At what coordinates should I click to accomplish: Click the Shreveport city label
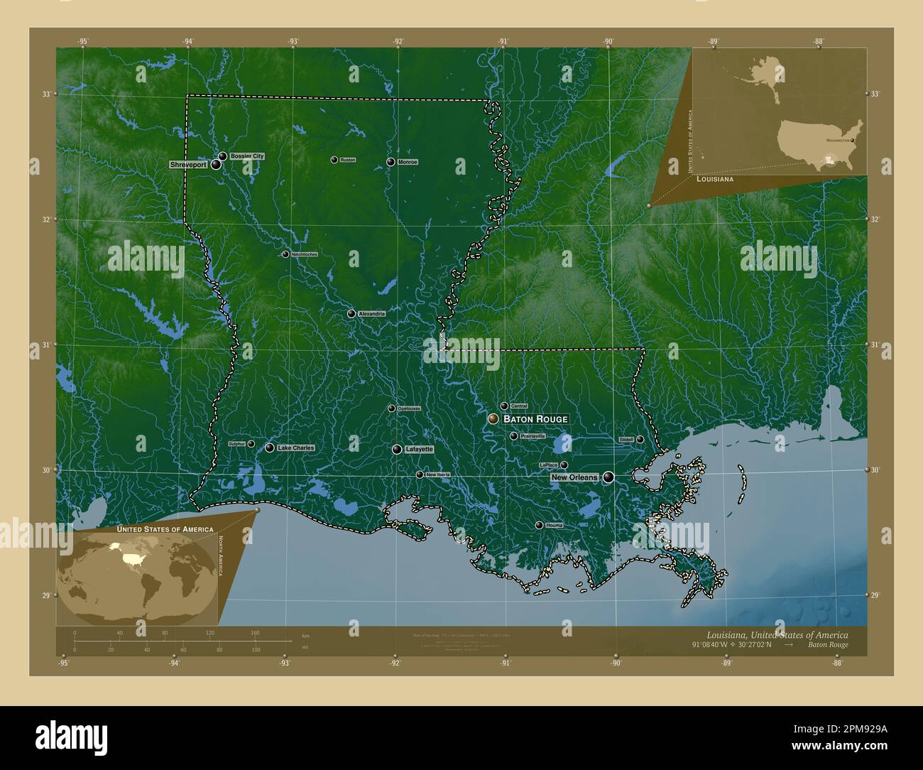[x=188, y=165]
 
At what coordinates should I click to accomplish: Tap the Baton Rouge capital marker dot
[x=493, y=419]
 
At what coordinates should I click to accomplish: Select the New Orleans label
[x=574, y=478]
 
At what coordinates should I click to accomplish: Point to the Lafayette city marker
[x=397, y=449]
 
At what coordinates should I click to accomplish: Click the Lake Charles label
[x=295, y=448]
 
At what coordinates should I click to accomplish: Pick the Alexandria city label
[x=371, y=313]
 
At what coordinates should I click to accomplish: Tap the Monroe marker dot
[x=390, y=162]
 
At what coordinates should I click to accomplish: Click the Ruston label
[x=347, y=160]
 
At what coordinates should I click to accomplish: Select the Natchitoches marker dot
[x=285, y=254]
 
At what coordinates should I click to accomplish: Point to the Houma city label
[x=554, y=526]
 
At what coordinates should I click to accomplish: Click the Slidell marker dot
[x=640, y=440]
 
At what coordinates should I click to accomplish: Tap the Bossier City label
[x=246, y=156]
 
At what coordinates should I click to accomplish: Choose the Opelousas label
[x=408, y=408]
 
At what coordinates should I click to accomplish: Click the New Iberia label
[x=437, y=475]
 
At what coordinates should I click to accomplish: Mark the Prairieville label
[x=532, y=436]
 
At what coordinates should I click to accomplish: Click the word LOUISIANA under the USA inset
[x=716, y=180]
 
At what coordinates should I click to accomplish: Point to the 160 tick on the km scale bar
[x=255, y=632]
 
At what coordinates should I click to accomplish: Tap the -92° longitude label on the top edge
[x=398, y=41]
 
